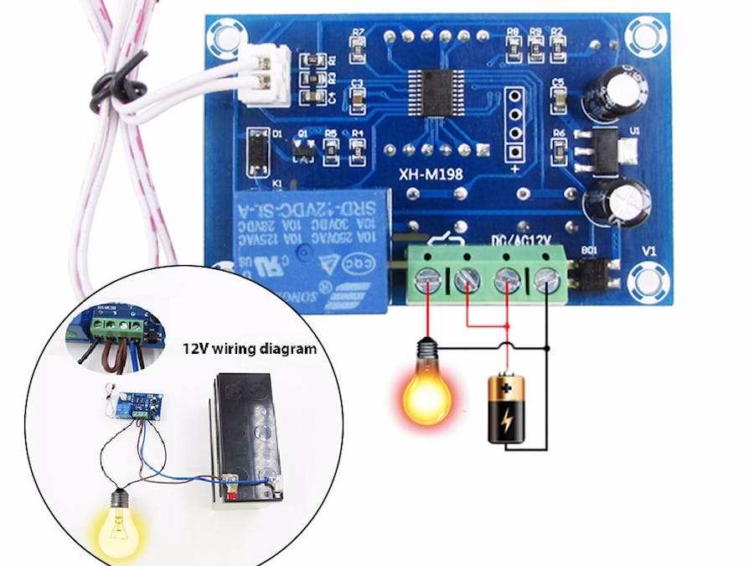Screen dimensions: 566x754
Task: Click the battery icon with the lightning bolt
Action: coord(506,409)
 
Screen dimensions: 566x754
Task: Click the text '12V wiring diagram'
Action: coord(250,348)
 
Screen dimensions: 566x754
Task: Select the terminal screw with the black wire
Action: coord(546,278)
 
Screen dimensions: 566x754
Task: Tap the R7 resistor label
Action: coord(359,33)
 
